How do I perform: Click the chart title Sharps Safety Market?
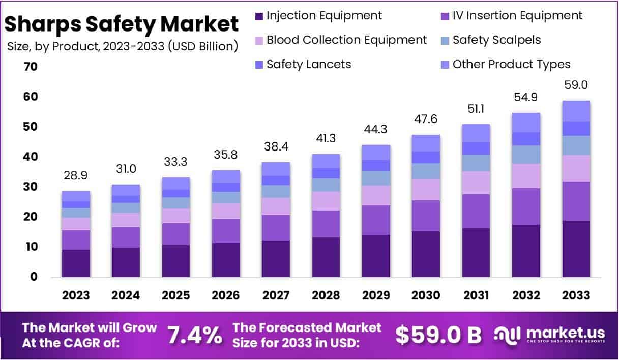click(x=122, y=24)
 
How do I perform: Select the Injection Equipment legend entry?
click(x=323, y=15)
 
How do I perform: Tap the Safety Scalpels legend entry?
click(x=496, y=40)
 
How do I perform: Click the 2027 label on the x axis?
click(x=276, y=295)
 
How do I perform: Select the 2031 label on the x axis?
click(x=476, y=295)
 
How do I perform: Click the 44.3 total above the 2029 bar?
click(x=376, y=129)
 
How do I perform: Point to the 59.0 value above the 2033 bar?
click(x=576, y=85)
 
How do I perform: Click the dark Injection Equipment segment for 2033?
click(x=576, y=249)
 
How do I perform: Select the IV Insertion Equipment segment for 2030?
click(x=426, y=216)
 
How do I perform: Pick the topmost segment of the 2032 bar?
click(x=526, y=123)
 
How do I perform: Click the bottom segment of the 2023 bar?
click(x=76, y=263)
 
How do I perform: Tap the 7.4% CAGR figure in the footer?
click(x=195, y=335)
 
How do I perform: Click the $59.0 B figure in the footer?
click(x=438, y=335)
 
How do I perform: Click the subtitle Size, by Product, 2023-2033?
click(x=123, y=47)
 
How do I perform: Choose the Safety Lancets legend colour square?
click(x=259, y=65)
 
